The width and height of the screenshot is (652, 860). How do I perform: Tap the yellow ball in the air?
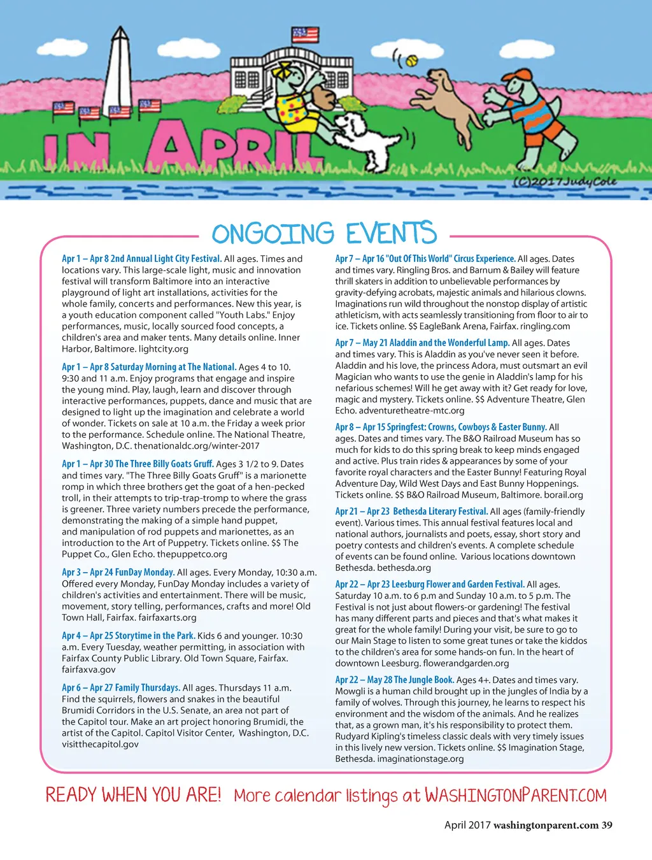pos(412,61)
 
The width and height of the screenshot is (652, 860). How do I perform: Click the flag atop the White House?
pos(305,34)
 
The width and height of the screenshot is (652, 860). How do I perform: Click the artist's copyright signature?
pos(565,182)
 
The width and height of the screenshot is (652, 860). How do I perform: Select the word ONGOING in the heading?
pos(273,234)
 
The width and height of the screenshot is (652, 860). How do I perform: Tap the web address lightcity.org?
pos(164,349)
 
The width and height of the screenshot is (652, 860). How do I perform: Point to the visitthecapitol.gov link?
pos(100,744)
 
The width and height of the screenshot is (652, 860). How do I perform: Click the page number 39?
pos(607,825)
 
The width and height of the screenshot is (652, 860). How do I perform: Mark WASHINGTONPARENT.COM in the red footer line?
pos(516,796)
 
